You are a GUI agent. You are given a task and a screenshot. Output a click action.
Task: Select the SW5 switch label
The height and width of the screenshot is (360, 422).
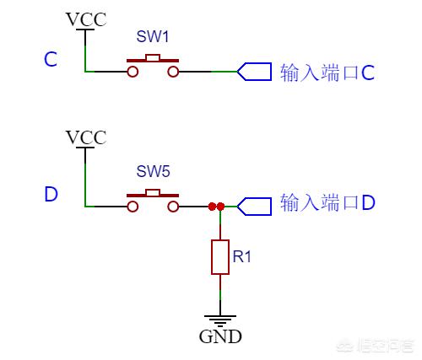coord(153,171)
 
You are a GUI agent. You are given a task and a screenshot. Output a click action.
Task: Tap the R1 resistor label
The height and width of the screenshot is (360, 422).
coord(242,256)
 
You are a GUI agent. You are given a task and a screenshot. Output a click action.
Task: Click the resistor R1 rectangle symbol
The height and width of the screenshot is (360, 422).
coord(220,256)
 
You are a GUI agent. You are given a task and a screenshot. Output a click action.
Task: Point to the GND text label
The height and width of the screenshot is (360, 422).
coord(220,336)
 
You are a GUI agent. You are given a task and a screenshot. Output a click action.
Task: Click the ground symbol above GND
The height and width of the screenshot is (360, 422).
coord(220,318)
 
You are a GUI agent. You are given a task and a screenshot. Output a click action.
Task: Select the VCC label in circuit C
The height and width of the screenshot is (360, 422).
coord(85,19)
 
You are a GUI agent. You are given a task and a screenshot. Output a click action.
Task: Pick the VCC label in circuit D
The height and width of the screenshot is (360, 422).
coord(85,137)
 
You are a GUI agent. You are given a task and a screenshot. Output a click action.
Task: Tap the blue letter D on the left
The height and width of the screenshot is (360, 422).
coord(51,195)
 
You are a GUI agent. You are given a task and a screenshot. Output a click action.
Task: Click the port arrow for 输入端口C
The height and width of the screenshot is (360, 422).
coord(253,72)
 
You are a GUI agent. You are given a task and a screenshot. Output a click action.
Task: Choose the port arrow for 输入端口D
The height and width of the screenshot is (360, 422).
coord(253,205)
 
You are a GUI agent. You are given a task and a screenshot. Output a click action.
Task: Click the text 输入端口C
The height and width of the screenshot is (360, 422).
coord(326,73)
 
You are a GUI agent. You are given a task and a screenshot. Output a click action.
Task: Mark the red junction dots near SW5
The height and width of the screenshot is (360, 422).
coord(216,206)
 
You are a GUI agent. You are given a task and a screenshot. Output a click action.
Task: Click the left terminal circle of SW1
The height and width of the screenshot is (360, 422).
coord(133,73)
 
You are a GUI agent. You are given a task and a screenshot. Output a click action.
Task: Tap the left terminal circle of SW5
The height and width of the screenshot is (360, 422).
coord(133,206)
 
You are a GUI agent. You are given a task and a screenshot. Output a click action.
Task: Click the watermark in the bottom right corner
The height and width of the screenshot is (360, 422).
coord(384,344)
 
